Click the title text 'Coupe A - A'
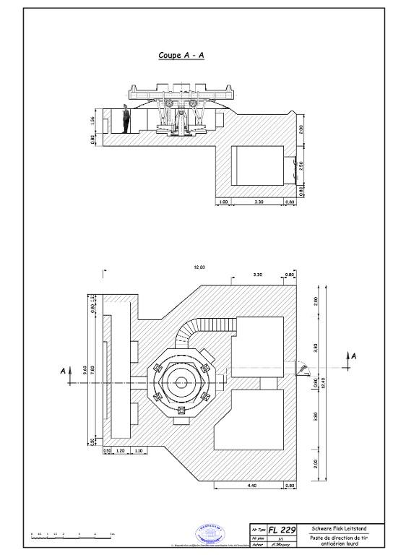pyautogui.click(x=181, y=55)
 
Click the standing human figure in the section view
pyautogui.click(x=126, y=120)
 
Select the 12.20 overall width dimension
pyautogui.click(x=199, y=267)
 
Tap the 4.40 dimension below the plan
pyautogui.click(x=252, y=486)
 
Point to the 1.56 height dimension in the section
pyautogui.click(x=93, y=120)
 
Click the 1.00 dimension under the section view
pyautogui.click(x=223, y=202)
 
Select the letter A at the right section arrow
pyautogui.click(x=353, y=355)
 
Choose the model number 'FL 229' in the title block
pyautogui.click(x=283, y=530)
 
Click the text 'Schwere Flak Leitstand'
pyautogui.click(x=338, y=529)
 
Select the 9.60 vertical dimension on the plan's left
pyautogui.click(x=85, y=369)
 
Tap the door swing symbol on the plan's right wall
pyautogui.click(x=303, y=371)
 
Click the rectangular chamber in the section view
pyautogui.click(x=258, y=166)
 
